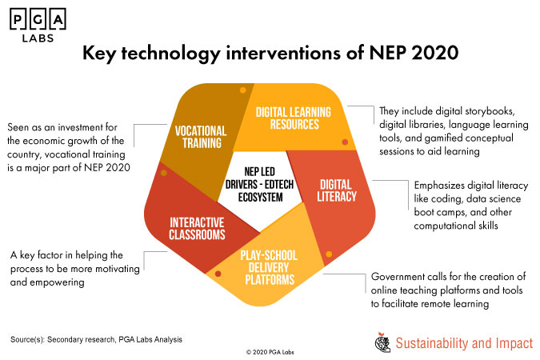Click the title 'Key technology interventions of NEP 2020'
click(x=269, y=55)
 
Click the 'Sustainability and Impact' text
click(x=464, y=343)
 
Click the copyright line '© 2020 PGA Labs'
click(x=270, y=351)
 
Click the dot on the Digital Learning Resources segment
click(x=344, y=142)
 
